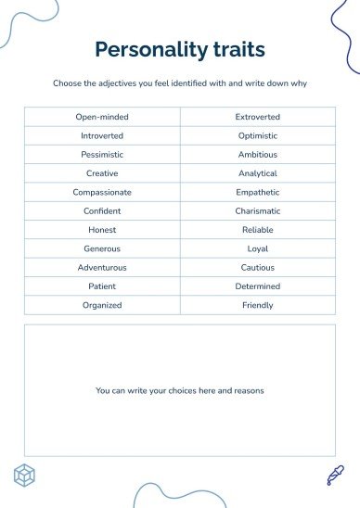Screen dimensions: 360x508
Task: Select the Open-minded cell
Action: [102, 117]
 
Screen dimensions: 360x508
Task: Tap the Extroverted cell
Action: [258, 117]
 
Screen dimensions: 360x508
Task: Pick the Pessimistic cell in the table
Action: [102, 155]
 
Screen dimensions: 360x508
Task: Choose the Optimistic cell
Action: [258, 136]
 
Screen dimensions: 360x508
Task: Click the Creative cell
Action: [102, 173]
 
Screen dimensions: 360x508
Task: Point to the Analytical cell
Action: [258, 173]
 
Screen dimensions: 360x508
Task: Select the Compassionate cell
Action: [102, 192]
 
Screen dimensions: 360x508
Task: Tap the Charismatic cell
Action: [258, 211]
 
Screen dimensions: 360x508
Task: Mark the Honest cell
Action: [102, 230]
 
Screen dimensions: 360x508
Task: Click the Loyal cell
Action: [258, 248]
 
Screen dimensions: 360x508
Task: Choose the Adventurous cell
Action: [102, 267]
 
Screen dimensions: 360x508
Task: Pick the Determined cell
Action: [258, 286]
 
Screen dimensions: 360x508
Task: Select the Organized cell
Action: [102, 305]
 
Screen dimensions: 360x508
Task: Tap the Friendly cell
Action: [258, 305]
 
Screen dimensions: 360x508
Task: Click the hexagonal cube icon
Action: [25, 476]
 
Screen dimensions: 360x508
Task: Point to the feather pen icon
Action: [335, 475]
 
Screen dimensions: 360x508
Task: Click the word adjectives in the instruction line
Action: [112, 83]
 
